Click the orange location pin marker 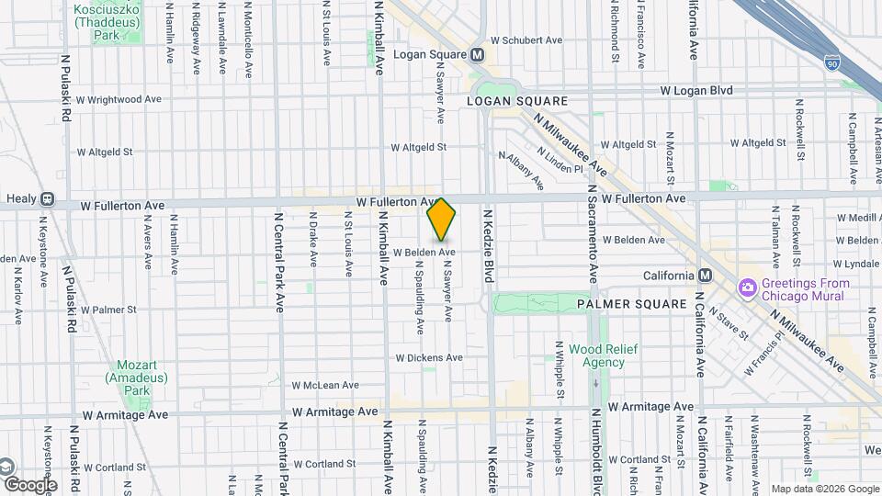[442, 220]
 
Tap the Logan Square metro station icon [478, 55]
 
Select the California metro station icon [705, 276]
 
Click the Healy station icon [48, 198]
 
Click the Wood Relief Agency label [596, 355]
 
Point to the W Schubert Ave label [526, 40]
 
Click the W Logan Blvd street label [695, 91]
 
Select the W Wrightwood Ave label [119, 99]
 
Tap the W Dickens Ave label [429, 357]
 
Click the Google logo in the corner [30, 485]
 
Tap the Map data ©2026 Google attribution [824, 489]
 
